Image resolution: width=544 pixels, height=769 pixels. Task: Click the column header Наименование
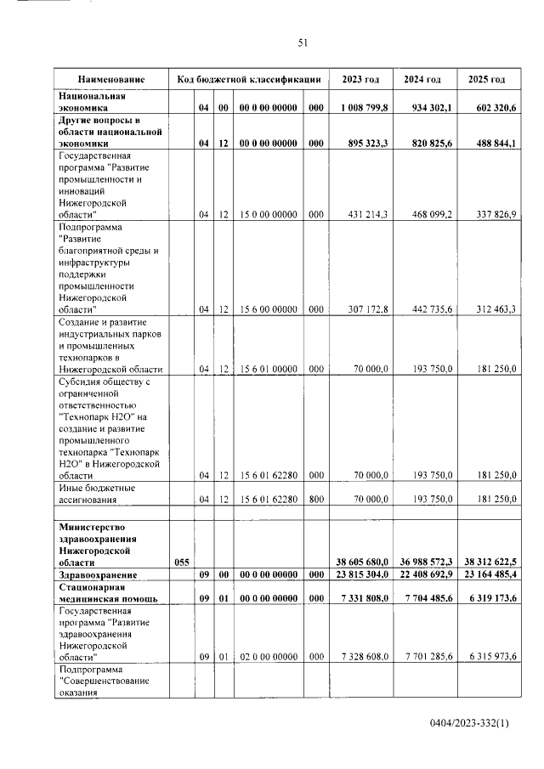click(111, 79)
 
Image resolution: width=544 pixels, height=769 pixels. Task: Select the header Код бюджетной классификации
click(248, 79)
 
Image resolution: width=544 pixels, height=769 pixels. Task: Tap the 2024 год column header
click(422, 79)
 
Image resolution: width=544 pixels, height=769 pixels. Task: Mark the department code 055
click(181, 562)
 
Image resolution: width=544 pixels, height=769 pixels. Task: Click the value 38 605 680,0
click(360, 562)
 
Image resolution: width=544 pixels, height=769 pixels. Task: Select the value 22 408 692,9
click(422, 574)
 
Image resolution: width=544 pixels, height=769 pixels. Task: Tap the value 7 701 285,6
click(424, 657)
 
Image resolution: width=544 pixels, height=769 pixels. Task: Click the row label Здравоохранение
click(95, 574)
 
